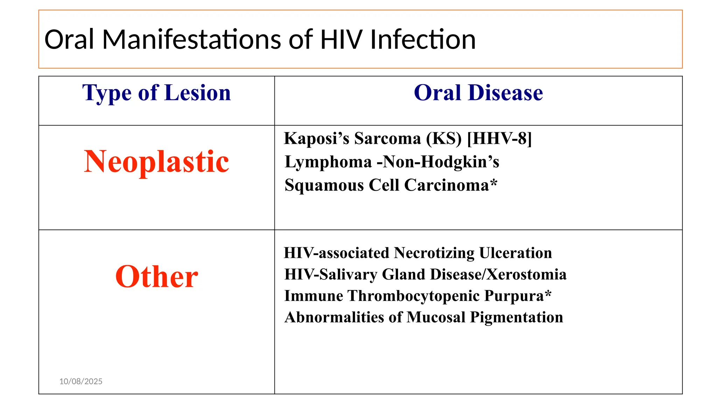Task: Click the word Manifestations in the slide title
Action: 192,39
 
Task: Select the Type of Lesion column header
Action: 156,93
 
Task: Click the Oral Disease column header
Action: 478,93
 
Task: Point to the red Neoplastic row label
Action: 156,161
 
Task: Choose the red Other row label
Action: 156,276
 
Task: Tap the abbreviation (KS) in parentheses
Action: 444,138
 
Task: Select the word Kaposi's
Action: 316,138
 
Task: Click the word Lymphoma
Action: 328,162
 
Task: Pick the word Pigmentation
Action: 516,317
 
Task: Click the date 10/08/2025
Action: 81,381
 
